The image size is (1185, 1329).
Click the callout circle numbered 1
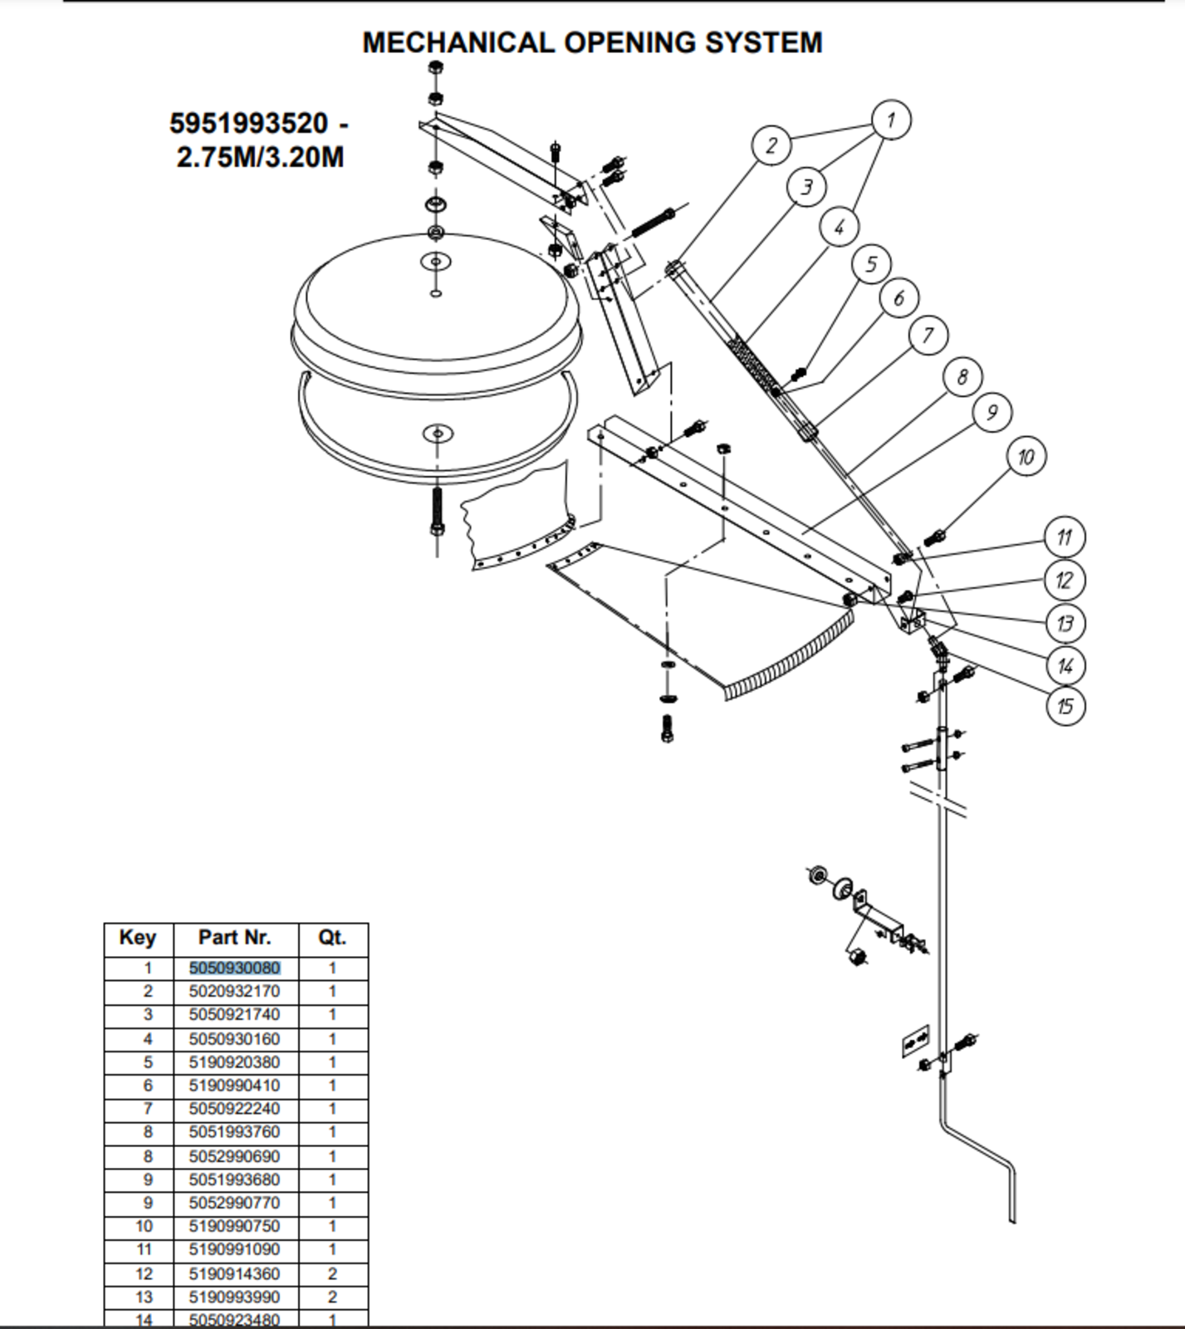click(x=890, y=120)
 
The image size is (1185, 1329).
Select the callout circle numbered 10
click(x=1026, y=457)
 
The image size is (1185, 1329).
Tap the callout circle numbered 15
click(x=1065, y=706)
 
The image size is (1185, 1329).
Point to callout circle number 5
click(x=871, y=264)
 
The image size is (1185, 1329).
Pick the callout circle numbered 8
click(x=962, y=377)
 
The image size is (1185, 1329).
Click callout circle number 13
click(x=1065, y=623)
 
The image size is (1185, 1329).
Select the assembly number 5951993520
click(x=248, y=123)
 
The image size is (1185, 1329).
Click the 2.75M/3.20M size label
click(x=260, y=156)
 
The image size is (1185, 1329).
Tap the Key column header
click(x=138, y=938)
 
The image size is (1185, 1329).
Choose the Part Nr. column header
click(x=234, y=938)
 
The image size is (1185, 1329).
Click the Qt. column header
click(x=332, y=938)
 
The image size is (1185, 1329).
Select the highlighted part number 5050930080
click(x=234, y=969)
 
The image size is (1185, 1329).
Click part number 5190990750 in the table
click(x=234, y=1227)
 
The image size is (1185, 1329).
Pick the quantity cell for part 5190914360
click(x=332, y=1274)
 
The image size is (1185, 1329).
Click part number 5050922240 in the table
click(x=234, y=1109)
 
